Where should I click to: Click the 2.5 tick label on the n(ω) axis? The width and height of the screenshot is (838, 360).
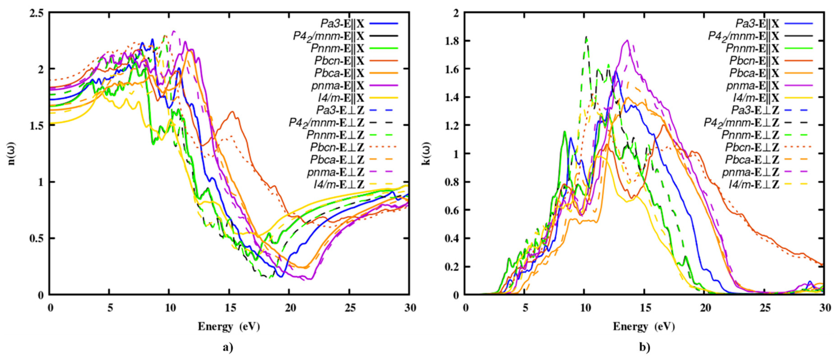coord(36,13)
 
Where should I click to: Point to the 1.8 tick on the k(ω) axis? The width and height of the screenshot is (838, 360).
coord(452,41)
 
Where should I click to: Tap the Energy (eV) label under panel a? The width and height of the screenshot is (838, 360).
coord(229,326)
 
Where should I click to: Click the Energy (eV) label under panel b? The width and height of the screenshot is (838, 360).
coord(644,326)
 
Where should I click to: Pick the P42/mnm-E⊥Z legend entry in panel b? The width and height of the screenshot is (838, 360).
coord(741,123)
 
